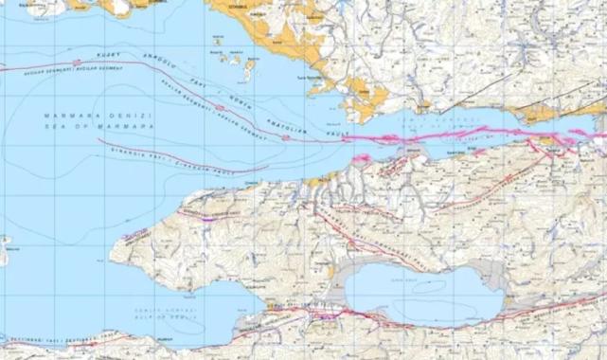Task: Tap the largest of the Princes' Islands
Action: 249,69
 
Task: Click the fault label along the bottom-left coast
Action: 57,336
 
